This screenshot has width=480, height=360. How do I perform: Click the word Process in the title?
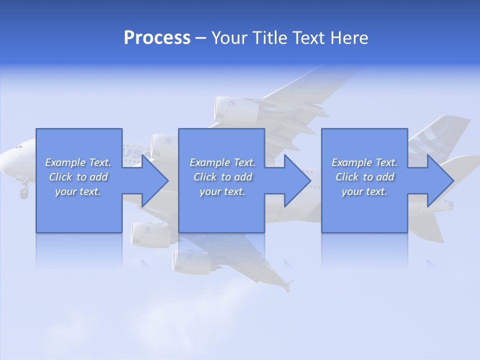(x=157, y=38)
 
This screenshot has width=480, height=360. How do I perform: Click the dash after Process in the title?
(x=200, y=39)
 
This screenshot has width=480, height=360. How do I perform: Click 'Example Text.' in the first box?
(x=78, y=162)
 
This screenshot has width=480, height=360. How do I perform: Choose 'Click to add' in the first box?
(x=78, y=177)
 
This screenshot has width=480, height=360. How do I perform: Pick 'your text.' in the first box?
(x=78, y=191)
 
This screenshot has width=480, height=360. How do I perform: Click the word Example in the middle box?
(x=208, y=162)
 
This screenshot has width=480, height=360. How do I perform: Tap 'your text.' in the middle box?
(x=222, y=191)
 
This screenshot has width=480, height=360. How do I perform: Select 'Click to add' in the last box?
(x=364, y=177)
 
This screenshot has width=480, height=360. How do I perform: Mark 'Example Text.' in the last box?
(x=364, y=162)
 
